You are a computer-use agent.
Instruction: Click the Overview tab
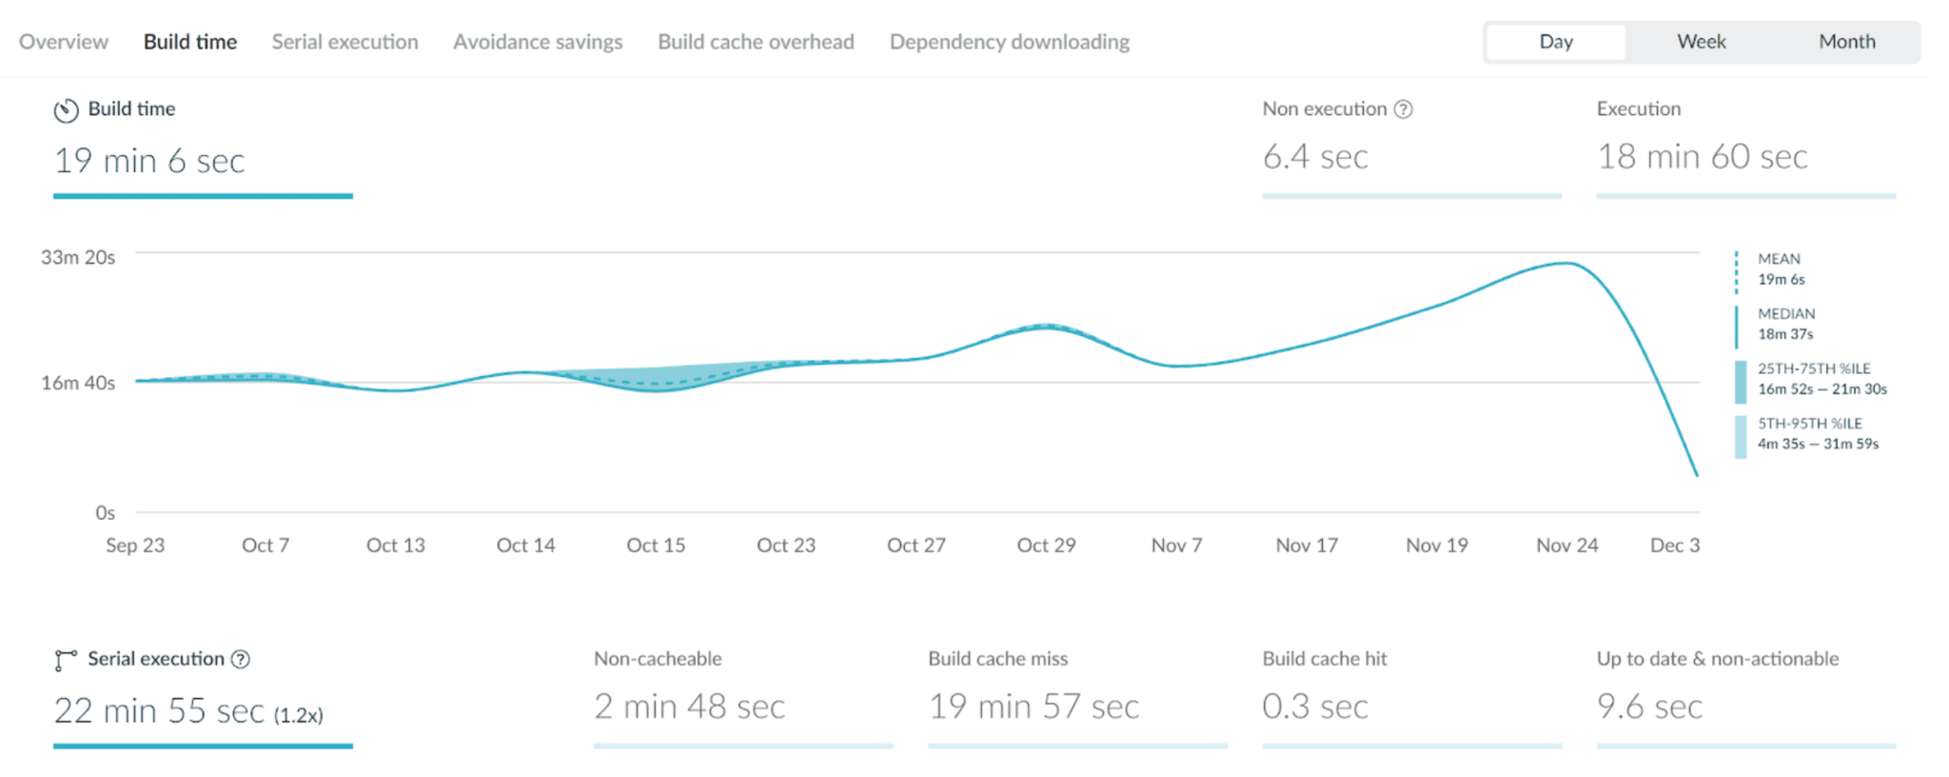64,42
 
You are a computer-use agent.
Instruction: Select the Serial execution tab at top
345,42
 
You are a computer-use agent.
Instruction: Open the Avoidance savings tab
538,42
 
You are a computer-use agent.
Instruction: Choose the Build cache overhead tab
756,42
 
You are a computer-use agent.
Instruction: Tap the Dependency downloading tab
1010,42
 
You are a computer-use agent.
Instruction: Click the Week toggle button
1701,42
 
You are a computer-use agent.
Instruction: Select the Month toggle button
1846,42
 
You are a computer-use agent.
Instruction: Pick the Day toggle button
1556,42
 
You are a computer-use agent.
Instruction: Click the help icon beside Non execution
1403,110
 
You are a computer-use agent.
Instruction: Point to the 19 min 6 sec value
149,161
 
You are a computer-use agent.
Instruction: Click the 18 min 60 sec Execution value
1702,156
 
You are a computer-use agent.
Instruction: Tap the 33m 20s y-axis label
78,257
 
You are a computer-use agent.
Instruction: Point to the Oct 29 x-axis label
1046,546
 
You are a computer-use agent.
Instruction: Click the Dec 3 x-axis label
1674,546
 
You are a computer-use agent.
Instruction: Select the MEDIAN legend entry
1785,324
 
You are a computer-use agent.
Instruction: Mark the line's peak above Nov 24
1566,263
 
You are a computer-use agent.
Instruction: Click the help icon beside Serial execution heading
242,659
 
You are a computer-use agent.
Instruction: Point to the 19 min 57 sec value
1034,707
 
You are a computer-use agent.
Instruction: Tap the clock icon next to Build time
66,110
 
